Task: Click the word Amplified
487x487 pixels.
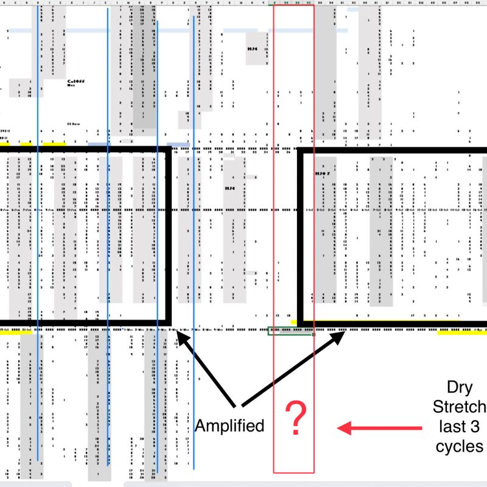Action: click(x=229, y=426)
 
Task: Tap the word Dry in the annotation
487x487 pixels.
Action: click(x=459, y=387)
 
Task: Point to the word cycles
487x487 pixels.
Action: click(x=459, y=446)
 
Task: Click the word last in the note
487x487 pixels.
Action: click(x=449, y=426)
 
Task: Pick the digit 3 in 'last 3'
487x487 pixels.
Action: click(x=475, y=426)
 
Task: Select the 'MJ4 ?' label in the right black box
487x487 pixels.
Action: click(x=321, y=173)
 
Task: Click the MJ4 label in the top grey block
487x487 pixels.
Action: click(x=253, y=49)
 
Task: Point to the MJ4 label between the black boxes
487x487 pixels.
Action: click(x=229, y=188)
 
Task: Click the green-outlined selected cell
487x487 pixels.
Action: click(x=291, y=331)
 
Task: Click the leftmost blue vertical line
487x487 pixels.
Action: click(x=38, y=243)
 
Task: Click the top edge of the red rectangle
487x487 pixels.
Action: click(x=294, y=6)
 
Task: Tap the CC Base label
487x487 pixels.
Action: click(x=74, y=123)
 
